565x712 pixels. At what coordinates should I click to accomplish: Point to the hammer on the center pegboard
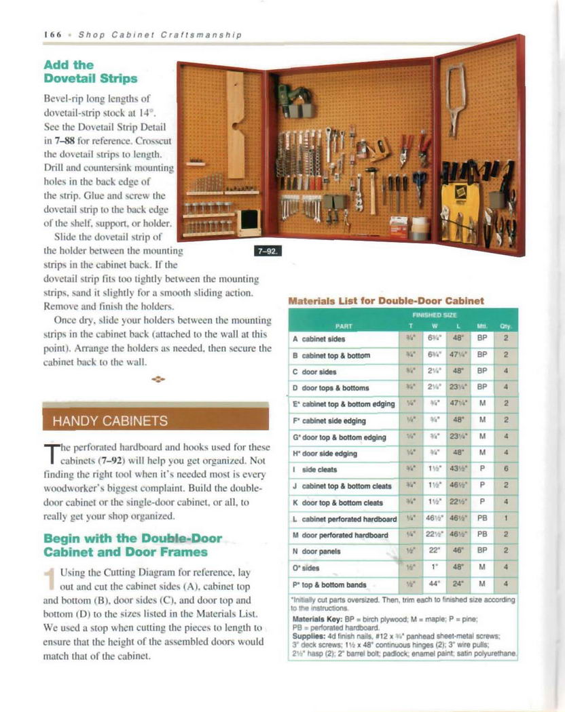(x=371, y=186)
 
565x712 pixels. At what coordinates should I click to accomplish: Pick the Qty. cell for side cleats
(x=506, y=469)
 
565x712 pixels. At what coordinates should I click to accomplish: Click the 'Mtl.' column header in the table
(x=481, y=324)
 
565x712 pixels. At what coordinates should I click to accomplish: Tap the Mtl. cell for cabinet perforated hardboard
(x=481, y=519)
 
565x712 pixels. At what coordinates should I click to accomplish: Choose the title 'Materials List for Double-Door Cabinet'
(x=386, y=300)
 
